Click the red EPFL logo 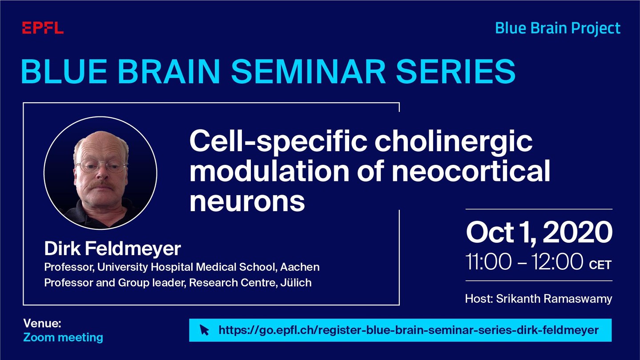click(x=43, y=28)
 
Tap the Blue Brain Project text click(x=558, y=28)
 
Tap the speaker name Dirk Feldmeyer click(x=112, y=248)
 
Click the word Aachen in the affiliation click(x=300, y=267)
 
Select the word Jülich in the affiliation click(x=296, y=283)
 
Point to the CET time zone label click(x=600, y=265)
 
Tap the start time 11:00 click(x=488, y=262)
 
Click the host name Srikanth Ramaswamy click(x=554, y=299)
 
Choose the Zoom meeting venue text click(x=63, y=337)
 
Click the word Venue click(x=42, y=324)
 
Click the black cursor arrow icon click(x=204, y=330)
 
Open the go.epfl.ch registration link click(x=408, y=330)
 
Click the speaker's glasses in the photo click(x=101, y=166)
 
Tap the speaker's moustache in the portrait click(x=101, y=186)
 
